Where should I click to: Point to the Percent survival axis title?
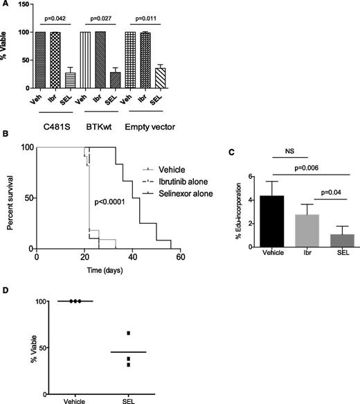click(8, 197)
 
